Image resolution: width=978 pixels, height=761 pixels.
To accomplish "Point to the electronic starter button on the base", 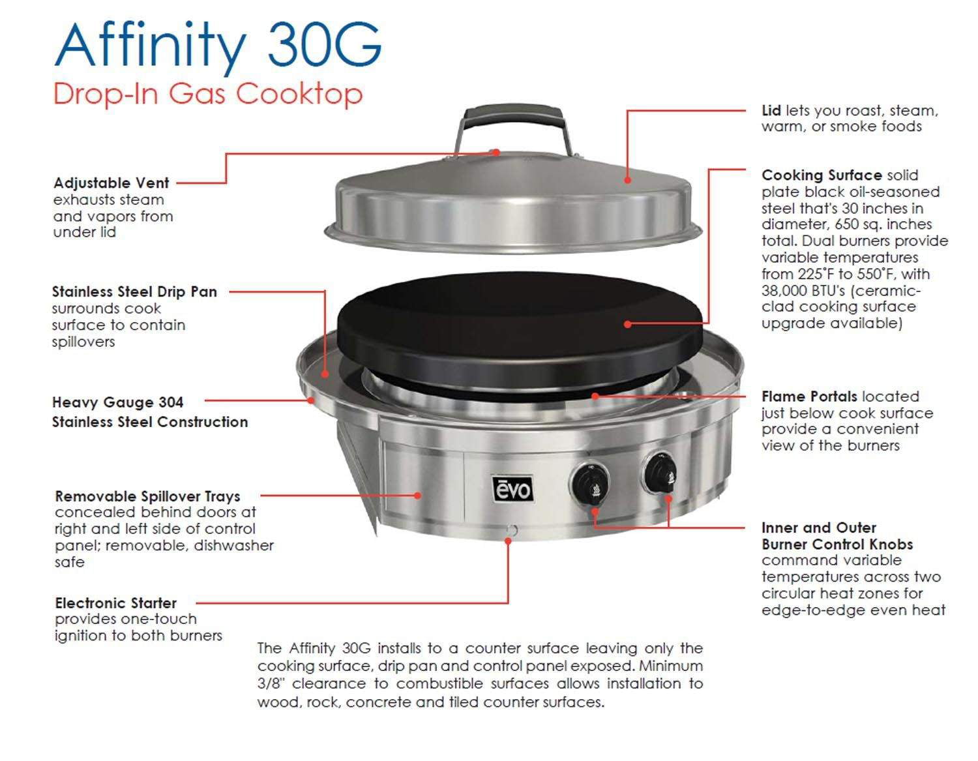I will coord(511,530).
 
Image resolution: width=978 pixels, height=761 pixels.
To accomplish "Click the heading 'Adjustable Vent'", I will coord(111,183).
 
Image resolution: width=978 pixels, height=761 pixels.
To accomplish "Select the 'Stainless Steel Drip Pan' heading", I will coord(134,291).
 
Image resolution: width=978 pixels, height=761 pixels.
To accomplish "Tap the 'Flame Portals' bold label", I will coord(808,396).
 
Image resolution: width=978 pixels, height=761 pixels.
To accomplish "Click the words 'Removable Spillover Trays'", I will coord(147,496).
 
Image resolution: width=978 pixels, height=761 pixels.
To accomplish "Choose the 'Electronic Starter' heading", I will coord(116,603).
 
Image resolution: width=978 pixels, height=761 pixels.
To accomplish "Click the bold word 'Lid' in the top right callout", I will coord(771,111).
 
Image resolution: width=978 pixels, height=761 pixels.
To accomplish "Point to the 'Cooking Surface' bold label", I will coord(821,175).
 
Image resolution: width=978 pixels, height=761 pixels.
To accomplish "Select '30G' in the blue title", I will coord(324,44).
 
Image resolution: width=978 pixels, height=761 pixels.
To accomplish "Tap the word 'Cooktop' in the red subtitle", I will coord(299,94).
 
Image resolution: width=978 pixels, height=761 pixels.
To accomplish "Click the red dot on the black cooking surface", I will coord(627,323).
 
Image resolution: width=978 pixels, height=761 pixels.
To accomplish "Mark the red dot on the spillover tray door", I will coord(418,496).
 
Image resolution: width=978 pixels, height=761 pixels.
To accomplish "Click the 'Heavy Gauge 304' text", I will coord(117,402).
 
